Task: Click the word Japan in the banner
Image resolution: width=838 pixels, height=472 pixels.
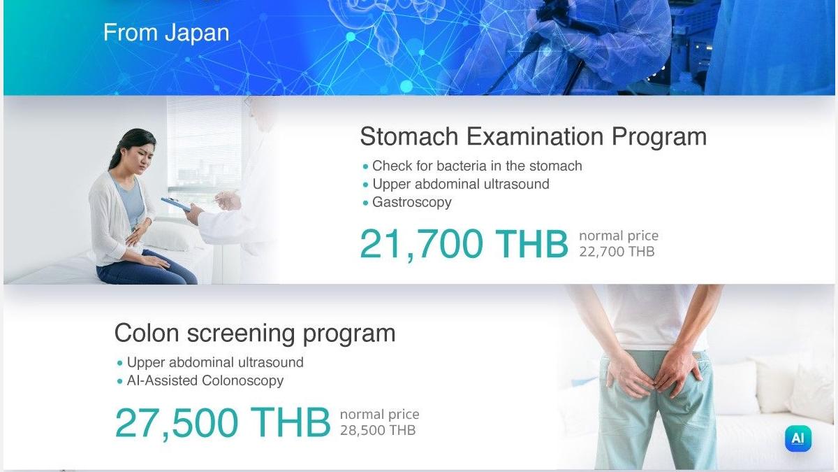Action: [x=197, y=34]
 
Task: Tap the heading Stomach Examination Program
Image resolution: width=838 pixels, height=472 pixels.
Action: [x=534, y=137]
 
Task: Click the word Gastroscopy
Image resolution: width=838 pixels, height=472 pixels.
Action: [x=412, y=202]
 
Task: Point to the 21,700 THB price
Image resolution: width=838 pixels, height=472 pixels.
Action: [x=464, y=244]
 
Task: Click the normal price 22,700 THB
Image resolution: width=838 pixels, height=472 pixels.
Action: [x=617, y=251]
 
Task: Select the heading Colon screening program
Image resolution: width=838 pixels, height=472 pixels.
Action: [x=255, y=333]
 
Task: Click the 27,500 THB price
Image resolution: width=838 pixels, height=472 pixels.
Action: [x=223, y=423]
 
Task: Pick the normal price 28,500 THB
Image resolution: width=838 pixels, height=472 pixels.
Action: [x=378, y=431]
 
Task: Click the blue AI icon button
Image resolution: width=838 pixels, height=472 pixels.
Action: [x=798, y=438]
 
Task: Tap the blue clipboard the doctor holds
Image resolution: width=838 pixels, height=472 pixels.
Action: [x=176, y=204]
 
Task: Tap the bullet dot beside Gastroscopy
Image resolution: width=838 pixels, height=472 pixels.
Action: [x=365, y=203]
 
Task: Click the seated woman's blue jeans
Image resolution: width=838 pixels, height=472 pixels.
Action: [x=147, y=269]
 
